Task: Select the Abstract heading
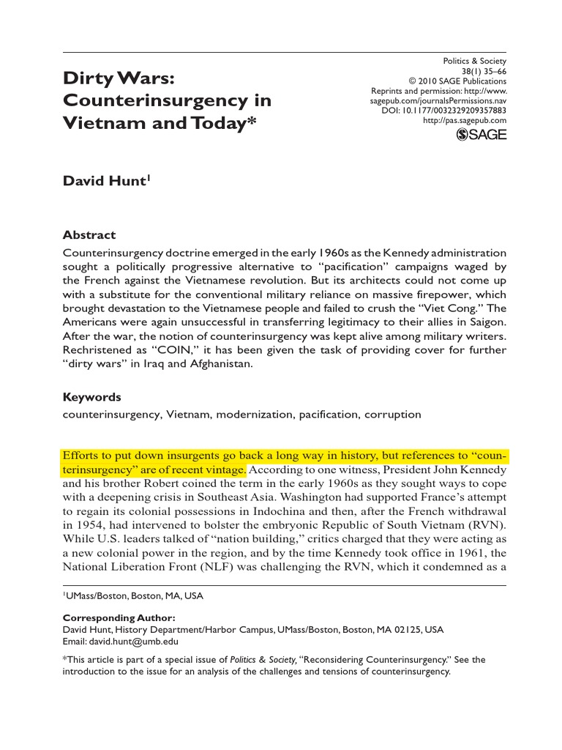(x=89, y=235)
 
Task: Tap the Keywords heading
(x=91, y=397)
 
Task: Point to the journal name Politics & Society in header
(x=475, y=61)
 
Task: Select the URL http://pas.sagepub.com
(x=465, y=120)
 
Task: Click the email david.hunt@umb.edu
(x=123, y=641)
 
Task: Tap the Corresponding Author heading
(x=119, y=617)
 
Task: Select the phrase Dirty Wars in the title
(x=121, y=77)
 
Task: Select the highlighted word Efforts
(x=81, y=456)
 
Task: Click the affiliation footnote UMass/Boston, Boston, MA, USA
(x=135, y=596)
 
